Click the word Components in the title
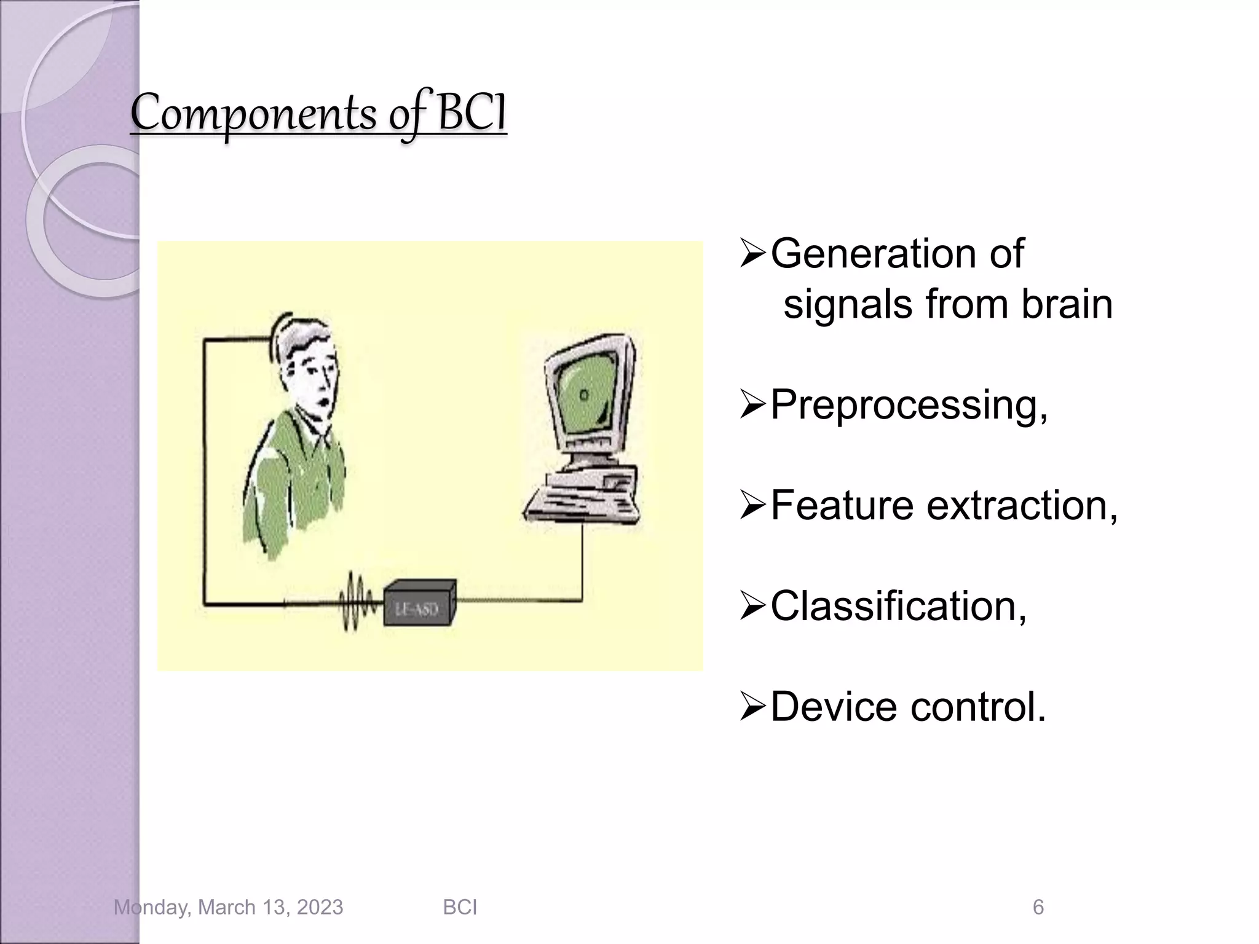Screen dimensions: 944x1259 pyautogui.click(x=253, y=114)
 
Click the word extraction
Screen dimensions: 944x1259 pyautogui.click(x=1020, y=505)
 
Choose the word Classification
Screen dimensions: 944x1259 pyautogui.click(x=898, y=606)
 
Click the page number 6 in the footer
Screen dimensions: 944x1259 pyautogui.click(x=1038, y=907)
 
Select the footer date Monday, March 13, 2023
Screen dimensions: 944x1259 pyautogui.click(x=228, y=907)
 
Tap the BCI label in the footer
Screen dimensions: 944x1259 pyautogui.click(x=460, y=907)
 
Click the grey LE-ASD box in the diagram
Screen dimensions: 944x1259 pyautogui.click(x=419, y=604)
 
